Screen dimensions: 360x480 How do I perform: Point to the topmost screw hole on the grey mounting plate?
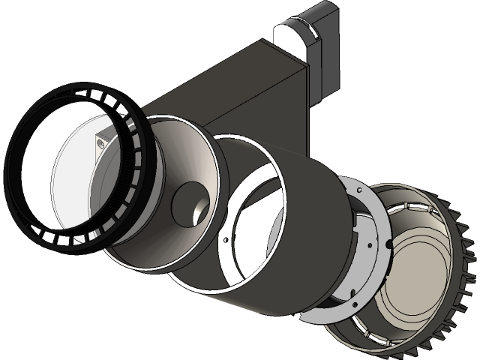[361, 192]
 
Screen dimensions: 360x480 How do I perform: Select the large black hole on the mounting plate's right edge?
[388, 245]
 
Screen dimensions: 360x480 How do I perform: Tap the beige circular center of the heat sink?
[420, 270]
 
